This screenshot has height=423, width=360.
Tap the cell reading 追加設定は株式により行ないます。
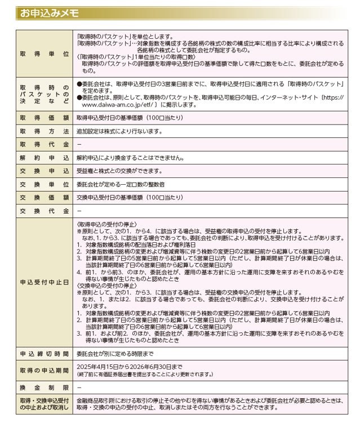click(x=120, y=131)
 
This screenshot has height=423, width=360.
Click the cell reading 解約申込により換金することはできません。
click(x=130, y=158)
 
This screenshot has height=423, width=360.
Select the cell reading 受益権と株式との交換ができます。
click(x=119, y=171)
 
